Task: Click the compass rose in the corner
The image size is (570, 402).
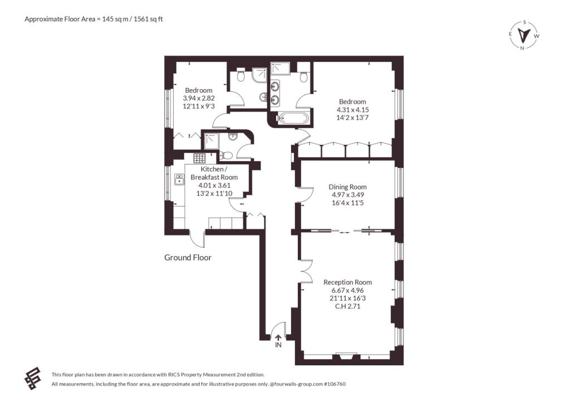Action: pyautogui.click(x=524, y=35)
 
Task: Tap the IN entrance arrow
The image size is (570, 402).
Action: pyautogui.click(x=278, y=338)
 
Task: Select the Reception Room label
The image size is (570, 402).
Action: pyautogui.click(x=347, y=282)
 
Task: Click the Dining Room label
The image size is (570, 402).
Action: pyautogui.click(x=347, y=187)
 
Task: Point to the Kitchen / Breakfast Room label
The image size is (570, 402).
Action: pyautogui.click(x=214, y=173)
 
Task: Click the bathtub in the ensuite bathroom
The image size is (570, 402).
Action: pyautogui.click(x=293, y=118)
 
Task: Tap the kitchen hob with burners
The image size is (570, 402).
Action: pyautogui.click(x=199, y=158)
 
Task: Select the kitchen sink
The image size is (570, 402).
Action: pyautogui.click(x=179, y=179)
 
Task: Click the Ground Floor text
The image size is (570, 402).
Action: pyautogui.click(x=188, y=257)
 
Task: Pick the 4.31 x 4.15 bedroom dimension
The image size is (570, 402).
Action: pyautogui.click(x=352, y=110)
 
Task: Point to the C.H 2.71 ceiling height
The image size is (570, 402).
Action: pyautogui.click(x=347, y=306)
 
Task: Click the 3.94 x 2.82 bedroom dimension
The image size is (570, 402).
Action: pyautogui.click(x=199, y=98)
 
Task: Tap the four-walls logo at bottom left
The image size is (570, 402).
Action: pyautogui.click(x=32, y=378)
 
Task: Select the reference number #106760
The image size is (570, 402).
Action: pyautogui.click(x=335, y=384)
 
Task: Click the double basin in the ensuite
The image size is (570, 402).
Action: pyautogui.click(x=275, y=93)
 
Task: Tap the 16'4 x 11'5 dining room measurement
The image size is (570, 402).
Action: pyautogui.click(x=347, y=202)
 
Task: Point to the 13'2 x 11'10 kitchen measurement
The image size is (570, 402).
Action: pyautogui.click(x=214, y=193)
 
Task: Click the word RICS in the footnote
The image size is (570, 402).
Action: pyautogui.click(x=173, y=375)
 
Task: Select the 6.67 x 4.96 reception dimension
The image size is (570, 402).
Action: pyautogui.click(x=347, y=290)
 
